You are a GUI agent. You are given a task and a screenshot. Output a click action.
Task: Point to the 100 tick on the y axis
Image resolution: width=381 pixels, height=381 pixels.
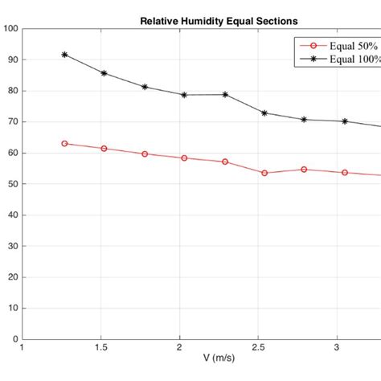(x=10, y=29)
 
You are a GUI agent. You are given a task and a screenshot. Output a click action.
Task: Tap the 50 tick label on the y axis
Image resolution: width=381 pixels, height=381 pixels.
(x=13, y=184)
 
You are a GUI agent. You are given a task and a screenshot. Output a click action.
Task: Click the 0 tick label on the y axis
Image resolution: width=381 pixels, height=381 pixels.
(x=15, y=339)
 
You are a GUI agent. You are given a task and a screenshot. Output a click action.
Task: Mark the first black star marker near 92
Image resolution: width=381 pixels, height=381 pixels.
(x=64, y=55)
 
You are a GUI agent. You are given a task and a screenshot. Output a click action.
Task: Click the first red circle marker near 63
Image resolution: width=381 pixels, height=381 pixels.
(x=64, y=144)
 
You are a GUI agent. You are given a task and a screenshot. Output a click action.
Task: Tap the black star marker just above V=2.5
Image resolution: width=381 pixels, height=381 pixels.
(x=264, y=113)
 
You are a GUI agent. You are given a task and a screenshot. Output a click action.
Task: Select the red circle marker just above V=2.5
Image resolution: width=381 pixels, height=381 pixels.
(x=264, y=173)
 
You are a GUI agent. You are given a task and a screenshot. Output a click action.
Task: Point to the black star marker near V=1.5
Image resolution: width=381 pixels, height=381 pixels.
(x=104, y=73)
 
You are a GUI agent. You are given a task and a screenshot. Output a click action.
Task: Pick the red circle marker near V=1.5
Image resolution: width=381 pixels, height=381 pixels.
(x=104, y=149)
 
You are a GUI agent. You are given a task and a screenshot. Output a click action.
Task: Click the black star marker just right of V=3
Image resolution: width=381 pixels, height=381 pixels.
(x=345, y=121)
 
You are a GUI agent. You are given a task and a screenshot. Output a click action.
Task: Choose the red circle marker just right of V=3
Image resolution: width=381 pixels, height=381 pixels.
(x=345, y=173)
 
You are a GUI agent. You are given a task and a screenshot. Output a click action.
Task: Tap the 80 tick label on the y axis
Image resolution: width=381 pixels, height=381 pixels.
(x=13, y=91)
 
